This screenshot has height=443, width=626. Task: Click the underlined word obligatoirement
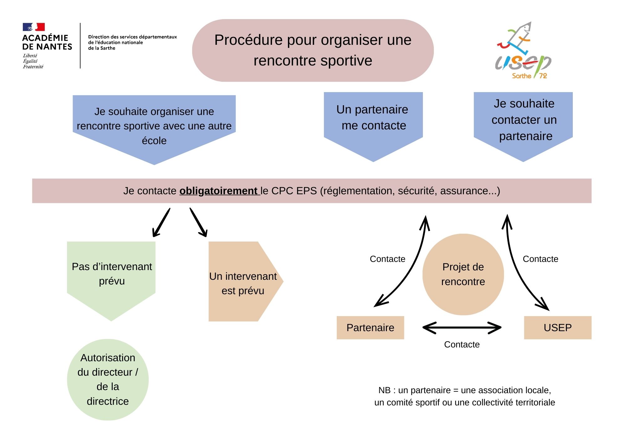point(218,191)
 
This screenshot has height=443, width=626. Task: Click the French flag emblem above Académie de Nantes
point(33,27)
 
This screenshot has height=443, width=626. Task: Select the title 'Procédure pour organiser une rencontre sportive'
point(313,50)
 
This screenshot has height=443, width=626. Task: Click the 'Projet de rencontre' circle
point(463,274)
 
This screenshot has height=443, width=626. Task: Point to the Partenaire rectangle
point(370,327)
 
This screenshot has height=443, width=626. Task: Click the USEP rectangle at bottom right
point(557,327)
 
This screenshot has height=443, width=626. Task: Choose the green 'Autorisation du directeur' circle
point(108,379)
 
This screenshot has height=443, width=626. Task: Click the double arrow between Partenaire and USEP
point(462,328)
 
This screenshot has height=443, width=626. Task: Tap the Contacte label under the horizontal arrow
point(462,344)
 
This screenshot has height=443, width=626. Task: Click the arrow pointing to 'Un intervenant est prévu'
point(198,223)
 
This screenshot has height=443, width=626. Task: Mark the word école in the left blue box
point(154,141)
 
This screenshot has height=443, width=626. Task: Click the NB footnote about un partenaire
point(464,396)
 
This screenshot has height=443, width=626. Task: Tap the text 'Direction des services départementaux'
point(132,37)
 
